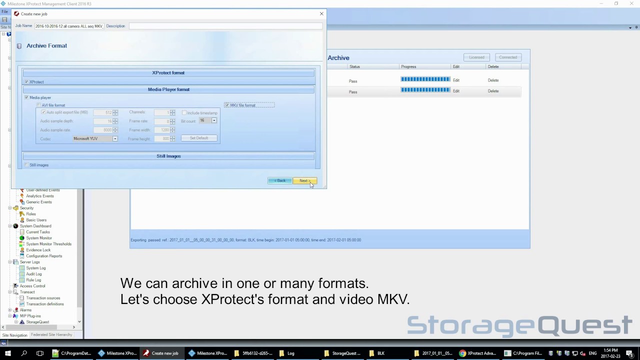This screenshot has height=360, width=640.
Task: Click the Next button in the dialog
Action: pyautogui.click(x=304, y=180)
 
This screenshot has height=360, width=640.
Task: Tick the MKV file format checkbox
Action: pyautogui.click(x=227, y=105)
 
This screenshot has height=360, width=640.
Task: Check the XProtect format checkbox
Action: pyautogui.click(x=26, y=82)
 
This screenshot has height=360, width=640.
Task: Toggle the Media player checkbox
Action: pyautogui.click(x=26, y=97)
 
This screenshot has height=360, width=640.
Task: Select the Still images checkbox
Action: pyautogui.click(x=26, y=165)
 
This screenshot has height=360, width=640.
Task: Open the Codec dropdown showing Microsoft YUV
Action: pyautogui.click(x=115, y=139)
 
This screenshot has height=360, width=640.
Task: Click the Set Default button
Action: pyautogui.click(x=199, y=138)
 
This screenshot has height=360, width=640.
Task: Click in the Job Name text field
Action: pyautogui.click(x=68, y=26)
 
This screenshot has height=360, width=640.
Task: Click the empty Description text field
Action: pyautogui.click(x=225, y=26)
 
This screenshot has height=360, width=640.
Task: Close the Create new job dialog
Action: pyautogui.click(x=321, y=14)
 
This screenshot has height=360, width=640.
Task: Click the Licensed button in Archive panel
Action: pyautogui.click(x=476, y=57)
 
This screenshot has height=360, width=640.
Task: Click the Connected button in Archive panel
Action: pyautogui.click(x=507, y=57)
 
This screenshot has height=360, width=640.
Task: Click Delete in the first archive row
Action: pyautogui.click(x=493, y=80)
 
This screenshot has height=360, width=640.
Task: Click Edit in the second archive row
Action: pyautogui.click(x=456, y=91)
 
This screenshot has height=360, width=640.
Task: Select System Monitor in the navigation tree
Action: pyautogui.click(x=38, y=238)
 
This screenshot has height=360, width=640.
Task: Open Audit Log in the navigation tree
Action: pyautogui.click(x=34, y=274)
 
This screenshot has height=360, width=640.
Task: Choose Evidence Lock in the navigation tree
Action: pyautogui.click(x=38, y=250)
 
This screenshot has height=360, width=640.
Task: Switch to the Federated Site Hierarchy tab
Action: pyautogui.click(x=51, y=335)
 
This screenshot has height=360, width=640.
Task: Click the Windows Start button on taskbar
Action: pyautogui.click(x=7, y=353)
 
